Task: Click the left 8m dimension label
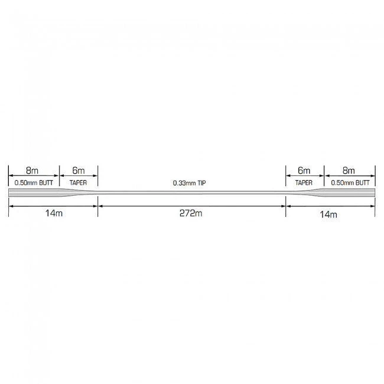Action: [32, 171]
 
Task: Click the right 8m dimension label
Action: [349, 171]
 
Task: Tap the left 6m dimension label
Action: [79, 171]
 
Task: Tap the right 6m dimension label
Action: [304, 171]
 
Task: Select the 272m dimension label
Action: [191, 213]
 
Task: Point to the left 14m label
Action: [54, 213]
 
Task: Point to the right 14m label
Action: [328, 214]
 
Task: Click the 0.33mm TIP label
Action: [189, 183]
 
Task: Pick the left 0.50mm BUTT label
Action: [34, 183]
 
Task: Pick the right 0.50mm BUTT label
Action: [350, 183]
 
